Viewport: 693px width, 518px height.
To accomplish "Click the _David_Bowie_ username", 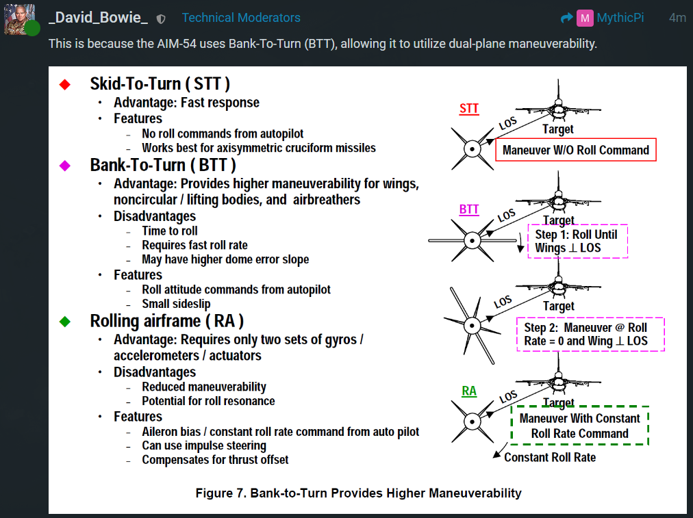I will coord(98,18).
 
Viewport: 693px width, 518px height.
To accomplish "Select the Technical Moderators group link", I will coord(241,18).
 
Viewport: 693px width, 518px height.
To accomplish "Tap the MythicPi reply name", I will coord(620,18).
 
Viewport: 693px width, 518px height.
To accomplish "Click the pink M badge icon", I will coord(584,18).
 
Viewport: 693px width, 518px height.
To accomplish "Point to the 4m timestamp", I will coord(677,18).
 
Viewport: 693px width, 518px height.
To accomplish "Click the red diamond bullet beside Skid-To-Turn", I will coord(65,84).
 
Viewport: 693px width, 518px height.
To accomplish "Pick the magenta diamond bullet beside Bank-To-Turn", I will coord(65,165).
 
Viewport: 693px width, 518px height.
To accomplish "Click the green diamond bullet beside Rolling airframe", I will coord(65,320).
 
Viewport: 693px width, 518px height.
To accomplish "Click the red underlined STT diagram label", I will coord(469,109).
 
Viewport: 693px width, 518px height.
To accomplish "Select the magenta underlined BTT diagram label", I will coord(469,209).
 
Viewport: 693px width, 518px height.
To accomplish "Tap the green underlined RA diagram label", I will coord(469,391).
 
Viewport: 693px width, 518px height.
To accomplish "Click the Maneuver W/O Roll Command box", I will coord(575,150).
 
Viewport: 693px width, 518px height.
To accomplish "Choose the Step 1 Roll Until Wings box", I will coord(577,241).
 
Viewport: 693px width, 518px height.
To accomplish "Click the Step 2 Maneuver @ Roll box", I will coord(590,334).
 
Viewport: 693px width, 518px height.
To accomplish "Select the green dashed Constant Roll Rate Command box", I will coord(579,426).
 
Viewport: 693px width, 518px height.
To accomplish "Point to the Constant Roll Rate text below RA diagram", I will coord(550,456).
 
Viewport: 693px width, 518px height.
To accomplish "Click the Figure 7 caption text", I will coord(358,493).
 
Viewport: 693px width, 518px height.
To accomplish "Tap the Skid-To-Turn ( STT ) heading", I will coord(160,84).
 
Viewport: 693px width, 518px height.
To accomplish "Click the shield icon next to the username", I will coord(161,18).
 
